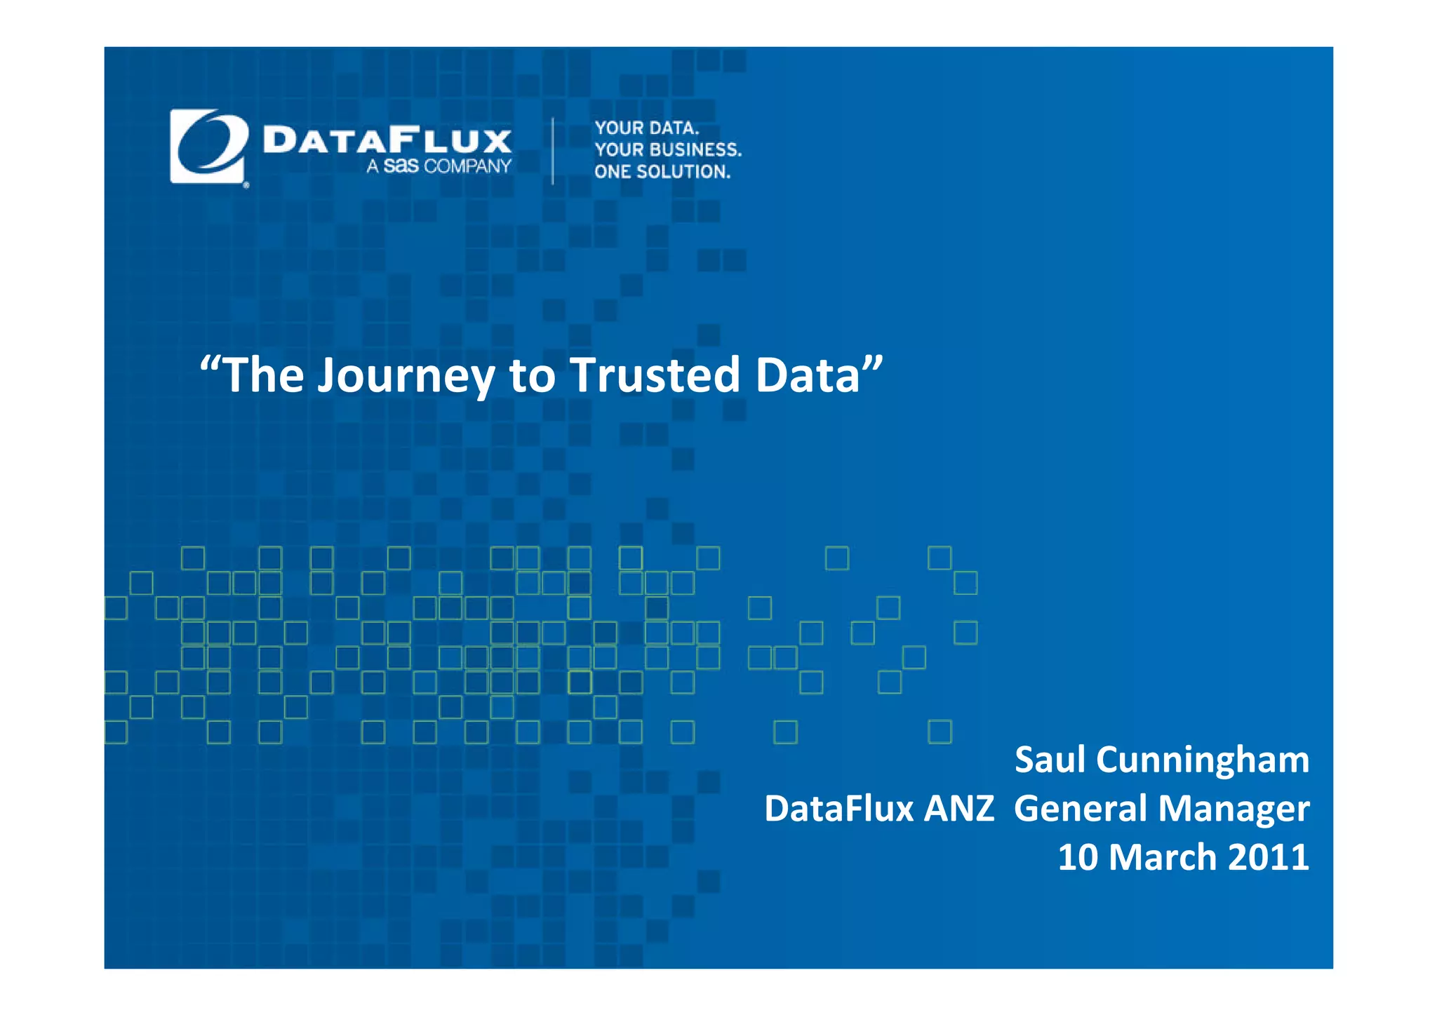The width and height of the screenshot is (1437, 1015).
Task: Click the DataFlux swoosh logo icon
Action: [208, 147]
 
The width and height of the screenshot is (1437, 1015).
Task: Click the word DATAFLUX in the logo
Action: [387, 140]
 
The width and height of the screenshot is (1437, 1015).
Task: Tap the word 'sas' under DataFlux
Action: [401, 166]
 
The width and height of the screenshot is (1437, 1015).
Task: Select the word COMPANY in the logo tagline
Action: [468, 166]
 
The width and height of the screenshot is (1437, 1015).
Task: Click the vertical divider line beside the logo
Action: [553, 151]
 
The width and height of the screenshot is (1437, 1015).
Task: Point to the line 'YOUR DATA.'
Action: [647, 128]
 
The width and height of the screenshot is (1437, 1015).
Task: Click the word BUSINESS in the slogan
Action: [695, 150]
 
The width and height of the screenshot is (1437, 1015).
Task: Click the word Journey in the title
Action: [406, 376]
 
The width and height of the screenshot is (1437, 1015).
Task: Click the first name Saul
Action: [1050, 760]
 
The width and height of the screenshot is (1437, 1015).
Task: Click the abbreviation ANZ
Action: [958, 808]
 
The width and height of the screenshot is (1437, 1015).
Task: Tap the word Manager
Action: [1234, 809]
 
